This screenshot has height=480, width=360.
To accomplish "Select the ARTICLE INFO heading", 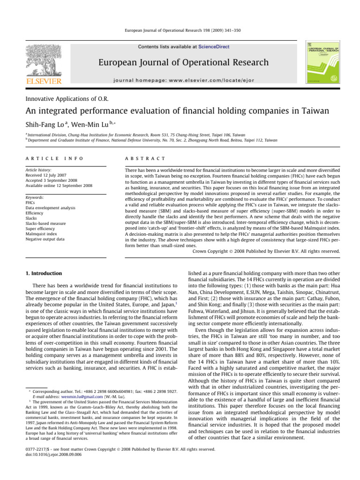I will click(51, 159).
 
